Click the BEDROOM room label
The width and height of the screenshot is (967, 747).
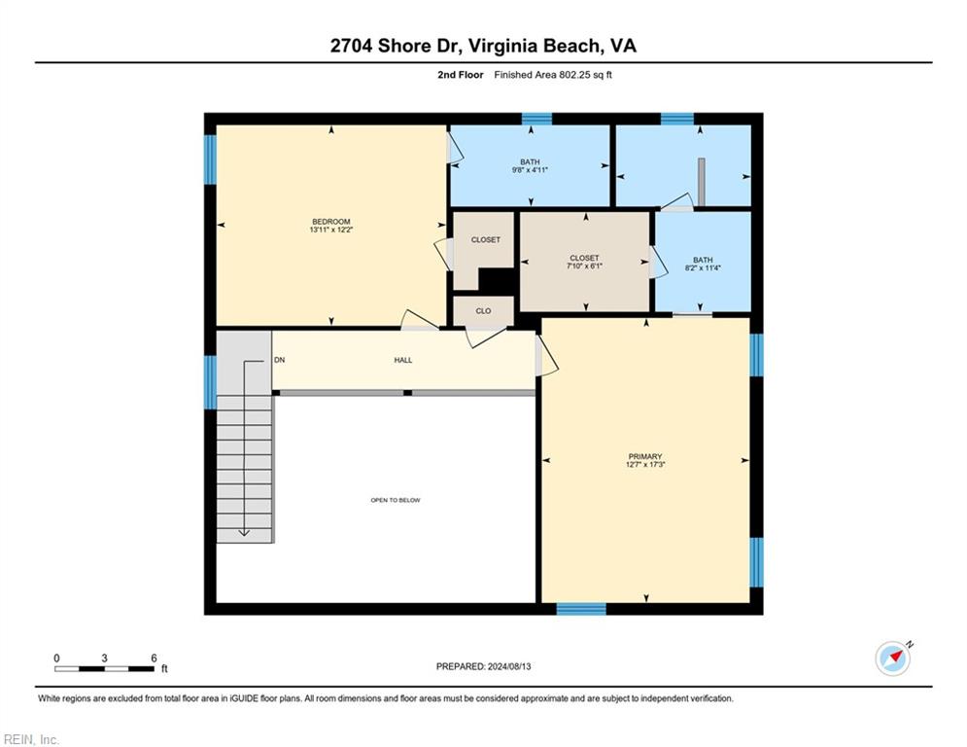click(x=331, y=222)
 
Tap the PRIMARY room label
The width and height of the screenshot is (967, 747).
click(x=645, y=456)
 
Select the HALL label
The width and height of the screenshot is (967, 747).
click(x=403, y=360)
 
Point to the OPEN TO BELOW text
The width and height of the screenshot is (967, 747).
click(x=396, y=500)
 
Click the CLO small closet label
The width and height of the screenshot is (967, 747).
click(x=484, y=311)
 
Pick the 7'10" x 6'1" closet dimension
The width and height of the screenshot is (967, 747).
click(x=584, y=267)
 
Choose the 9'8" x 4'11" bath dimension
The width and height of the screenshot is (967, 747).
click(x=530, y=170)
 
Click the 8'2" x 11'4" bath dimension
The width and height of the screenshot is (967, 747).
click(x=703, y=267)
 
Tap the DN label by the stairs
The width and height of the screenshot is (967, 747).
click(x=279, y=360)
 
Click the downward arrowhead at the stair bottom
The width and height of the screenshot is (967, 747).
click(x=244, y=532)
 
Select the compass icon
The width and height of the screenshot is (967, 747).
click(x=893, y=658)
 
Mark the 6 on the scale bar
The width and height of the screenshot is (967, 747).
click(x=154, y=658)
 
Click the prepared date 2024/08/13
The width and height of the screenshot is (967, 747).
click(x=509, y=666)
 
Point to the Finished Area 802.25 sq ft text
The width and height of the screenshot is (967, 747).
click(x=553, y=75)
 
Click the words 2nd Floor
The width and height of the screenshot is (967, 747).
click(x=461, y=75)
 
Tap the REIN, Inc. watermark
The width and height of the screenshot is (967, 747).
click(x=31, y=739)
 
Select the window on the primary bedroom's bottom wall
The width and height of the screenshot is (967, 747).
click(x=581, y=609)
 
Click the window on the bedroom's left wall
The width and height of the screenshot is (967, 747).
click(x=210, y=160)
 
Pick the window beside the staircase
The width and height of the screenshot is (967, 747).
click(x=210, y=382)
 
